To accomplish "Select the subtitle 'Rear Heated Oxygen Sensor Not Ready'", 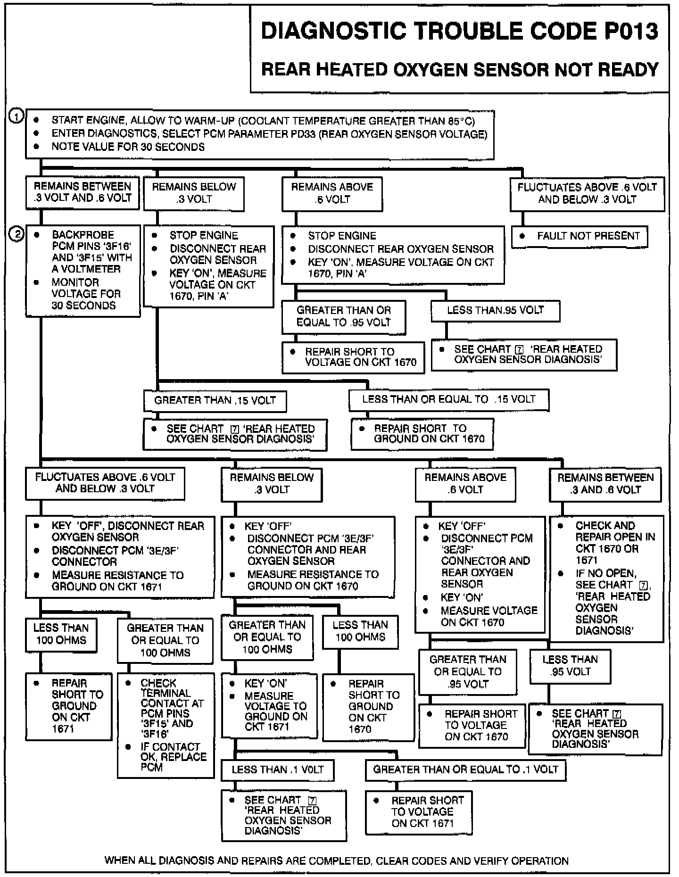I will [460, 70].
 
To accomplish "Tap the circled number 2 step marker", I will [17, 234].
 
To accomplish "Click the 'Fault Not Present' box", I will [580, 236].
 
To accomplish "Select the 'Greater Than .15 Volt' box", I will [215, 401].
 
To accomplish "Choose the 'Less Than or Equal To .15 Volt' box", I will [448, 400].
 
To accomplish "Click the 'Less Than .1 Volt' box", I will [278, 770].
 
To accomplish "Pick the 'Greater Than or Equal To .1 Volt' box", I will [465, 769].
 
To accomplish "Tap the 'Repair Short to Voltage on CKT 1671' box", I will [419, 812].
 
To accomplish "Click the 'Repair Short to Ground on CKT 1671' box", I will [69, 706].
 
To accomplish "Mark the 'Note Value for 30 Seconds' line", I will [128, 147].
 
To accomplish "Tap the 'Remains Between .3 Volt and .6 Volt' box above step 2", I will [83, 192].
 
